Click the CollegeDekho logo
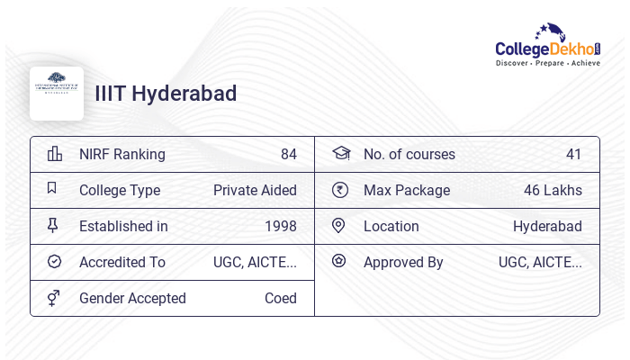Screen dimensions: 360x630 548,45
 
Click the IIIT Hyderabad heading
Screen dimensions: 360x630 166,94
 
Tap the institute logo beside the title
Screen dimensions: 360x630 57,94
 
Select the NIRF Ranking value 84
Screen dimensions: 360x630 288,154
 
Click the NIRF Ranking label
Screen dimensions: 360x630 122,154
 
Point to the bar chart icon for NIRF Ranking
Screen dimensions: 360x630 54,154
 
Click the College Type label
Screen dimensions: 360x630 120,190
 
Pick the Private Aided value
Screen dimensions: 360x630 255,190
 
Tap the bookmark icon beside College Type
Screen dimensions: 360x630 52,189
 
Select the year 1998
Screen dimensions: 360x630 280,226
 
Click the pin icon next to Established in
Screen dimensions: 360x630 53,226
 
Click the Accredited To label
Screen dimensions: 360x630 122,262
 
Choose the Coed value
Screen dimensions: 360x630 280,298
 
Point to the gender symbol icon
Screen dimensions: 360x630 54,298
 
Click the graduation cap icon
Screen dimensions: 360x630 340,154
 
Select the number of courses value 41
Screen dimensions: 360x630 573,154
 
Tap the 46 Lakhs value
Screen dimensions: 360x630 553,190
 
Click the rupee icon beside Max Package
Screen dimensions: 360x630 339,190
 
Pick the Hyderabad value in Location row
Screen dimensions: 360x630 547,226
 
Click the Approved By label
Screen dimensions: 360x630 403,262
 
